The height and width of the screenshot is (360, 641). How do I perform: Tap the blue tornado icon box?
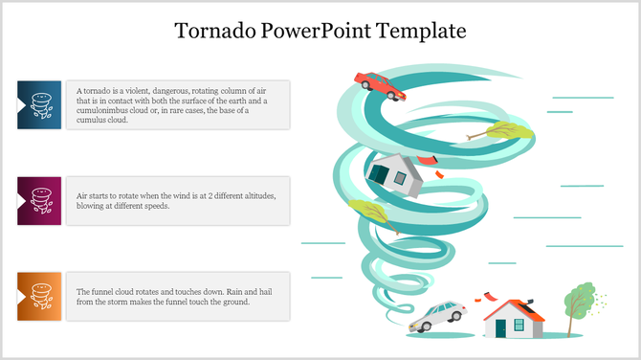tap(40, 104)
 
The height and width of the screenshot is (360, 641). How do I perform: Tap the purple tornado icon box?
tap(40, 200)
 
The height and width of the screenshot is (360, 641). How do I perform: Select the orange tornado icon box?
tap(40, 296)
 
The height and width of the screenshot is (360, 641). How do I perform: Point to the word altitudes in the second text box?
tap(254, 195)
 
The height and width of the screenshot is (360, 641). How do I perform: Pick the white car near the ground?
tap(437, 316)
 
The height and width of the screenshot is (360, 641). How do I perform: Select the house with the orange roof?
tap(514, 319)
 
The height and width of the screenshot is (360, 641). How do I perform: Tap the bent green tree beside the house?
tap(579, 304)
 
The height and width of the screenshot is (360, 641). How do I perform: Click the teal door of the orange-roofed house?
tap(501, 328)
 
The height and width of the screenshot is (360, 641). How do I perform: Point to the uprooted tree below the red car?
tap(497, 133)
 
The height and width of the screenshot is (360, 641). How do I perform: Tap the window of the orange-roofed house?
tap(519, 325)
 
